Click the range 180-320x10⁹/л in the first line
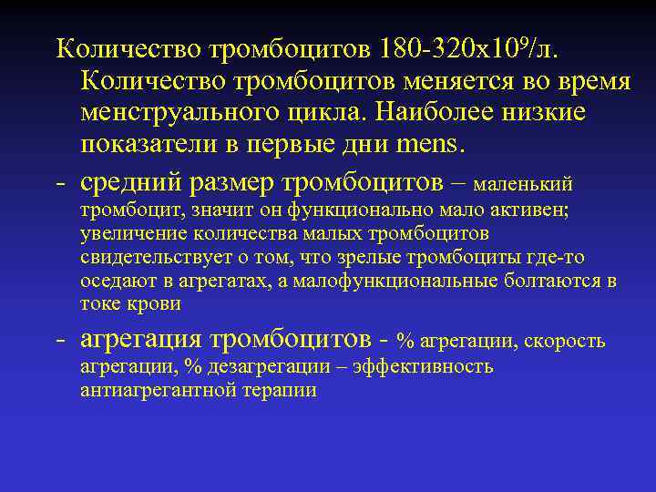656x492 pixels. click(x=463, y=47)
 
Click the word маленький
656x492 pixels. click(x=524, y=185)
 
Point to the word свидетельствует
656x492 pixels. click(x=150, y=259)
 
